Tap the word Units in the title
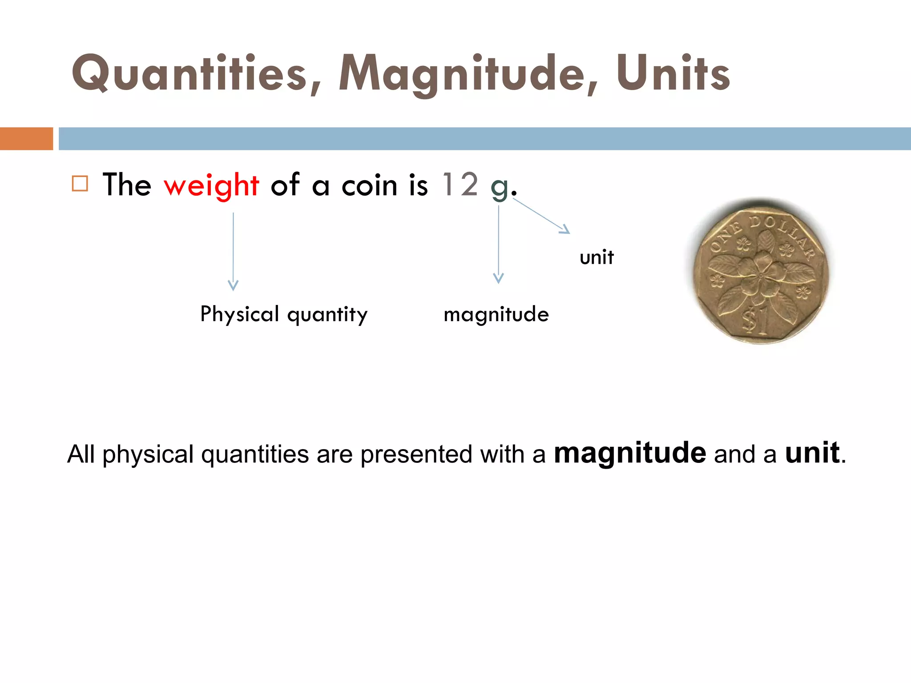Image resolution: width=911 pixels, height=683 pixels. [673, 73]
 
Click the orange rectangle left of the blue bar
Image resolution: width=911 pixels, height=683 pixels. [26, 139]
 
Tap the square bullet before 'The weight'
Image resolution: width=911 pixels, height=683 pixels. [80, 184]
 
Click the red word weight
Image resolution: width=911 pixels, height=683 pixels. [211, 185]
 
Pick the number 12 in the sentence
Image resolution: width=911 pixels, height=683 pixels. [460, 184]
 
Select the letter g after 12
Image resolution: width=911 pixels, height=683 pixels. [499, 187]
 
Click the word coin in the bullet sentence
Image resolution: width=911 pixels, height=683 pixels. [369, 185]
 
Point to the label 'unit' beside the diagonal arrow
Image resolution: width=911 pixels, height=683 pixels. [597, 257]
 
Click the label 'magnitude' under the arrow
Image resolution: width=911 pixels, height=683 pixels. [496, 315]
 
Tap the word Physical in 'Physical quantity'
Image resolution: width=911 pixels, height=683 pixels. [240, 315]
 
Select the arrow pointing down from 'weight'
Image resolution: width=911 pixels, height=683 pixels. [233, 251]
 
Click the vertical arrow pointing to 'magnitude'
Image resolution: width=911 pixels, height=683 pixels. [499, 245]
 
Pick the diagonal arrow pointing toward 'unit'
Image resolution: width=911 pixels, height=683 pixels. [541, 216]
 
